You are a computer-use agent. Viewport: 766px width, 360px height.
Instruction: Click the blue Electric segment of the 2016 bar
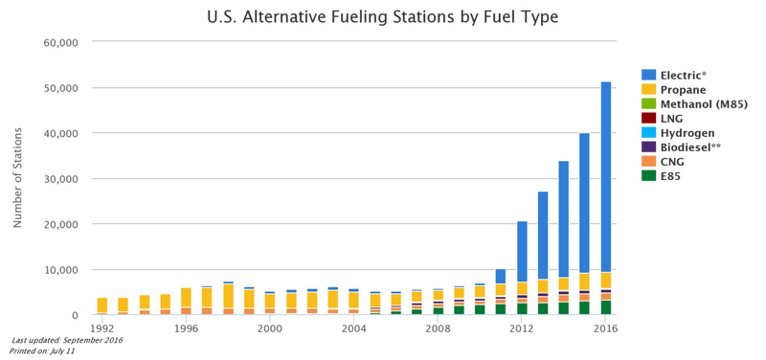606,177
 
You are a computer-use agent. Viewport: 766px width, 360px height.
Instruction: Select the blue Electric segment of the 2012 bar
522,252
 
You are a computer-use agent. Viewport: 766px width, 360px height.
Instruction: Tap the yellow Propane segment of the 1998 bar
229,296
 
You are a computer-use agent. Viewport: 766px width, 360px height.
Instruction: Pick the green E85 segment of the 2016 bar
606,307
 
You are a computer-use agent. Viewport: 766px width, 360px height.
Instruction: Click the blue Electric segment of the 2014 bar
564,219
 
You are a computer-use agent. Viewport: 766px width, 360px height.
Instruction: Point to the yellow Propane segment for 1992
102,305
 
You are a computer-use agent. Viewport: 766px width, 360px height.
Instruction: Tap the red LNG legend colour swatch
649,118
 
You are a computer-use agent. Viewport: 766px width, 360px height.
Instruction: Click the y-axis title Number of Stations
17,177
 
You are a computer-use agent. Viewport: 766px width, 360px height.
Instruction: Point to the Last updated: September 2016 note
67,340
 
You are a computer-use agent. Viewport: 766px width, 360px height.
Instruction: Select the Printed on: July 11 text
41,350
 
